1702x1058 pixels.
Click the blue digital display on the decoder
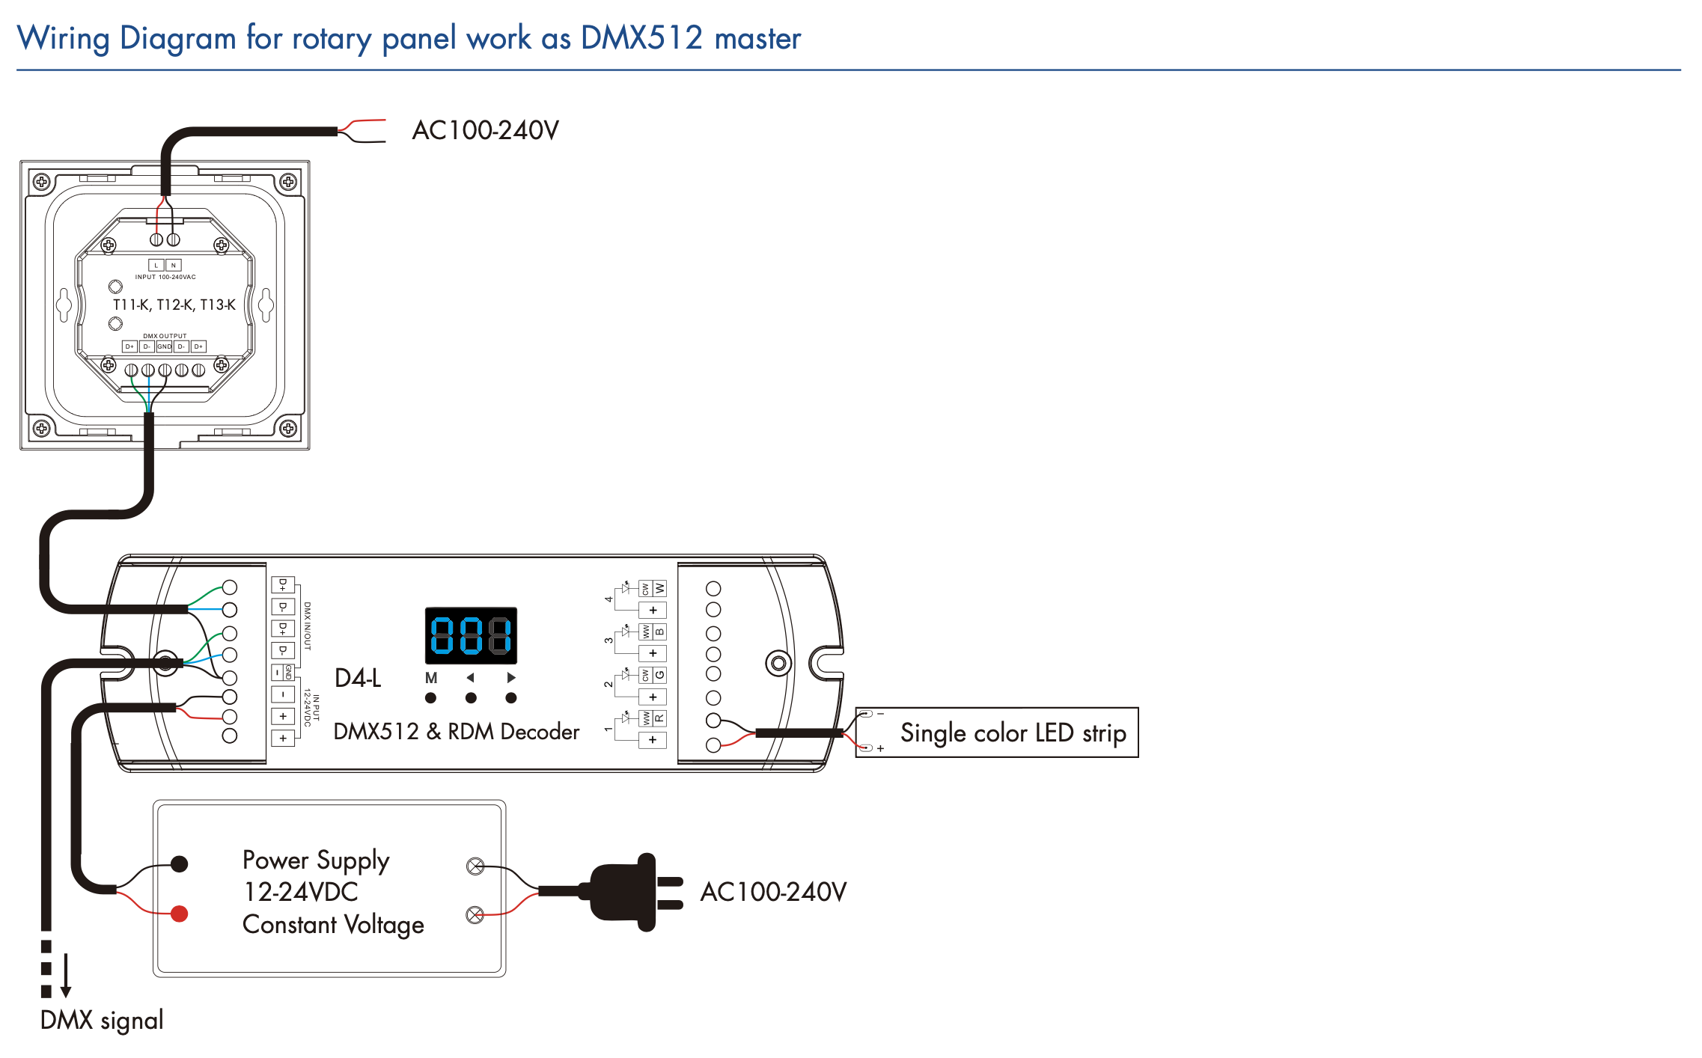pos(471,635)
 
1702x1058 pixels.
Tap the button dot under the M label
pos(430,698)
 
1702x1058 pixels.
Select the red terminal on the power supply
pos(180,914)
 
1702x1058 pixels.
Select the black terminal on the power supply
pos(180,864)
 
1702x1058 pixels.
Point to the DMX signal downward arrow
pos(66,976)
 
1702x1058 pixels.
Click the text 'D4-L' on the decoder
pos(358,678)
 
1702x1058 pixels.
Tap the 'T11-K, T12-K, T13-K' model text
pos(174,305)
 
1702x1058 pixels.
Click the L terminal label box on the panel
pos(156,265)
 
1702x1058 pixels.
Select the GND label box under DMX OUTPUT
pos(164,346)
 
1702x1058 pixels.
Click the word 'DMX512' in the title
pos(641,37)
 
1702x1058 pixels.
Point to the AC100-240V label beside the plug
pos(773,892)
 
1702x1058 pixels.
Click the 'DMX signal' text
pos(102,1020)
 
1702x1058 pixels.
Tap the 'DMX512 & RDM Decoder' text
pos(456,731)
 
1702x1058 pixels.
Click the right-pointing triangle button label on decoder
pos(511,678)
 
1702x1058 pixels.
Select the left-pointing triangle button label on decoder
pos(470,678)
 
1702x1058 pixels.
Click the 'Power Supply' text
pos(316,860)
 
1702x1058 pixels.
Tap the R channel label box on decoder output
pos(659,718)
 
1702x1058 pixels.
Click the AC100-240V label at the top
pos(485,130)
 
